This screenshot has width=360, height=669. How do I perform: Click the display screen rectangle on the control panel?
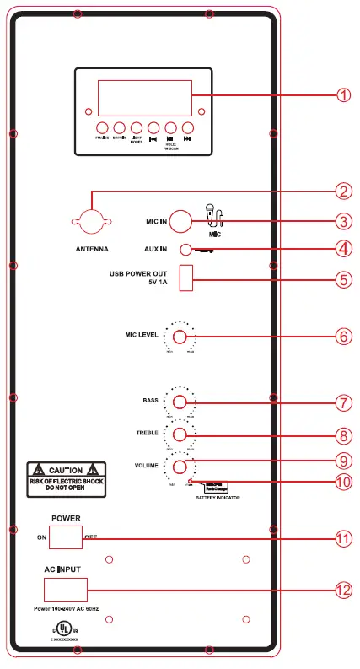click(144, 98)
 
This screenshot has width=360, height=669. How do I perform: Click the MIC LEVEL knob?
click(180, 336)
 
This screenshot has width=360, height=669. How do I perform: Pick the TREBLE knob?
click(180, 434)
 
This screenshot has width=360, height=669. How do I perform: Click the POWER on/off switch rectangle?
click(65, 537)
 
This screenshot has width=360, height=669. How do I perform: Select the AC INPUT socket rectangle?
click(65, 588)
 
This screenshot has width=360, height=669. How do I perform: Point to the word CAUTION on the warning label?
click(65, 470)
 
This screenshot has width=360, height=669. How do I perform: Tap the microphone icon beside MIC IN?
click(215, 216)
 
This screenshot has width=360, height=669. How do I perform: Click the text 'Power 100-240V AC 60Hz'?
click(67, 607)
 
